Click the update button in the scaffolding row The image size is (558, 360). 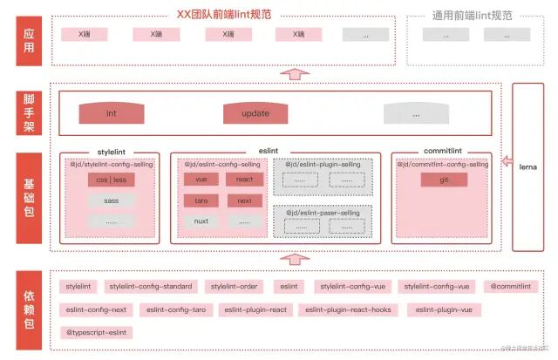click(255, 113)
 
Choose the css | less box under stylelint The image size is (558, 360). click(111, 180)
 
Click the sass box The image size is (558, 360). click(111, 200)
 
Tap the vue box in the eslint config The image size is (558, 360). click(201, 180)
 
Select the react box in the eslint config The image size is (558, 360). click(244, 180)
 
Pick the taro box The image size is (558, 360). click(201, 200)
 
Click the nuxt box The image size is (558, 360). click(201, 221)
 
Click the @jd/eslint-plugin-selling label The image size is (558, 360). click(322, 164)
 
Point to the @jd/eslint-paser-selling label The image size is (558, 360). click(322, 212)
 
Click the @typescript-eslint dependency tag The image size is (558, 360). click(97, 332)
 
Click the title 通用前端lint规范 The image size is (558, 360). click(472, 15)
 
